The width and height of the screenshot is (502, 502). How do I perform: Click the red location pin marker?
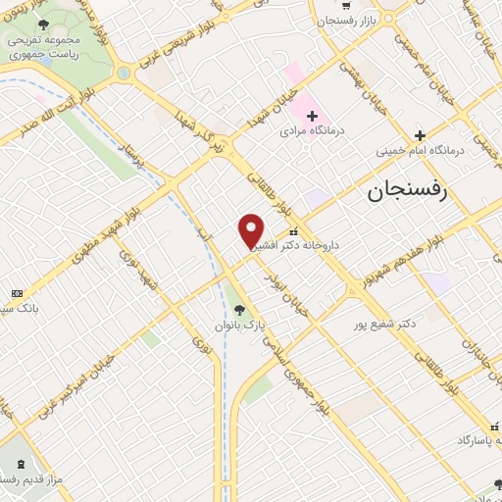point(251,231)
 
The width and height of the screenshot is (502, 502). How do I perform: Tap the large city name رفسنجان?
point(407,190)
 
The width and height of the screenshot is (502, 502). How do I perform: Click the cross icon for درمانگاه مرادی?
point(312,116)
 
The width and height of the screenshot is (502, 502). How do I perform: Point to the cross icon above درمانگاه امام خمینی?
point(420,135)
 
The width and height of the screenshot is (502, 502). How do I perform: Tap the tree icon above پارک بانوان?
point(240,310)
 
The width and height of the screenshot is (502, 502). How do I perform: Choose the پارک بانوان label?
point(240,325)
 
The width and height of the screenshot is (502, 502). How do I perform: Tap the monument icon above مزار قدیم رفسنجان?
point(22,462)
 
